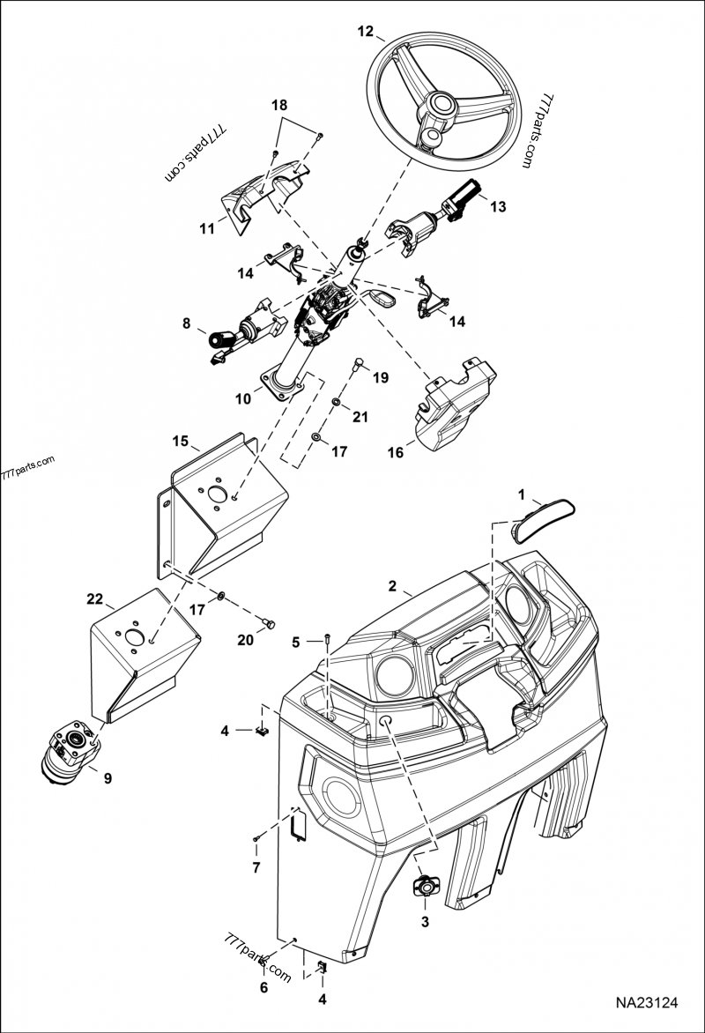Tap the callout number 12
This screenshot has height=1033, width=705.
(365, 31)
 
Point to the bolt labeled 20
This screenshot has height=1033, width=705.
(270, 624)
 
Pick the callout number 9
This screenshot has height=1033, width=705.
(108, 778)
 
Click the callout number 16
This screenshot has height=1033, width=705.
(396, 452)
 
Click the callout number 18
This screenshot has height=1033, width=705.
(278, 105)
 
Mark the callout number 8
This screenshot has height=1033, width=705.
(186, 323)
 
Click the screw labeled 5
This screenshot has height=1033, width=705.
(327, 638)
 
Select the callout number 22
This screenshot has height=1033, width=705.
(95, 599)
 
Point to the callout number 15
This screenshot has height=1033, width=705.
(180, 439)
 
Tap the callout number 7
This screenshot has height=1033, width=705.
(256, 868)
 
